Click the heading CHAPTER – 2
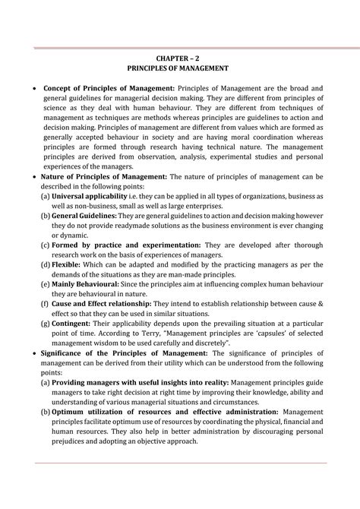click(180, 56)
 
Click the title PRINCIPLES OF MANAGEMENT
click(180, 68)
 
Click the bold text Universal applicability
click(90, 196)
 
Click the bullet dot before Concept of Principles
click(33, 89)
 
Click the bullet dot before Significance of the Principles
click(33, 353)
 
